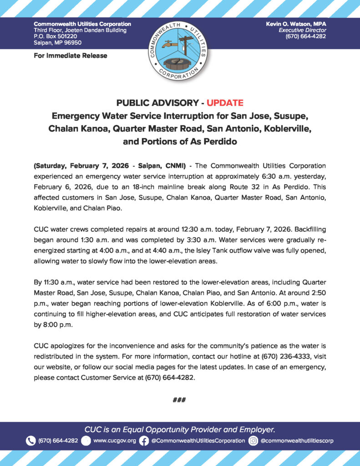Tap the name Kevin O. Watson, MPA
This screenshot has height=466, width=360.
tap(296, 24)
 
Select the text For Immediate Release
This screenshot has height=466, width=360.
tap(71, 56)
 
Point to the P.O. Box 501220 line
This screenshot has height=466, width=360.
tap(55, 36)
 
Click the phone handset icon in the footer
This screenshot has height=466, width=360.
tap(30, 441)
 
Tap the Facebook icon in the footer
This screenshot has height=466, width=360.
tap(144, 441)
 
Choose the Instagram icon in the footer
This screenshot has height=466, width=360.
tap(254, 441)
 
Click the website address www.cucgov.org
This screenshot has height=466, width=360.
tap(114, 441)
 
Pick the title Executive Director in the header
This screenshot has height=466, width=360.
tap(303, 30)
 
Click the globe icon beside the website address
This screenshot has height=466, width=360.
tap(86, 441)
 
